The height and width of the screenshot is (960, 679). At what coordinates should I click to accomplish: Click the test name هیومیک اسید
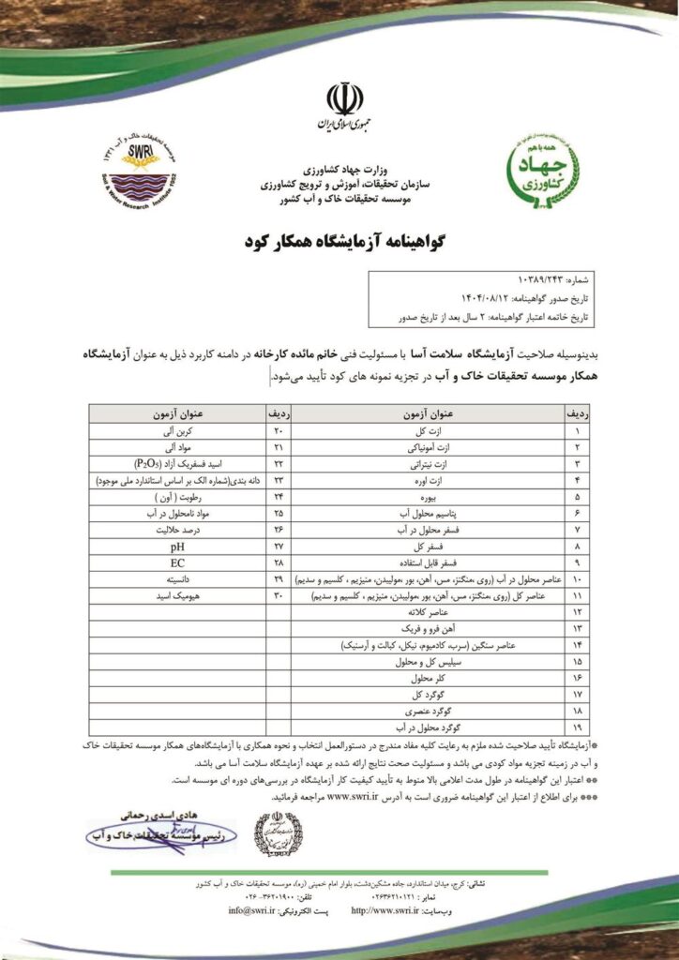tap(178, 596)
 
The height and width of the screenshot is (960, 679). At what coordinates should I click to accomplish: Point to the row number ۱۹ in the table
tap(576, 726)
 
